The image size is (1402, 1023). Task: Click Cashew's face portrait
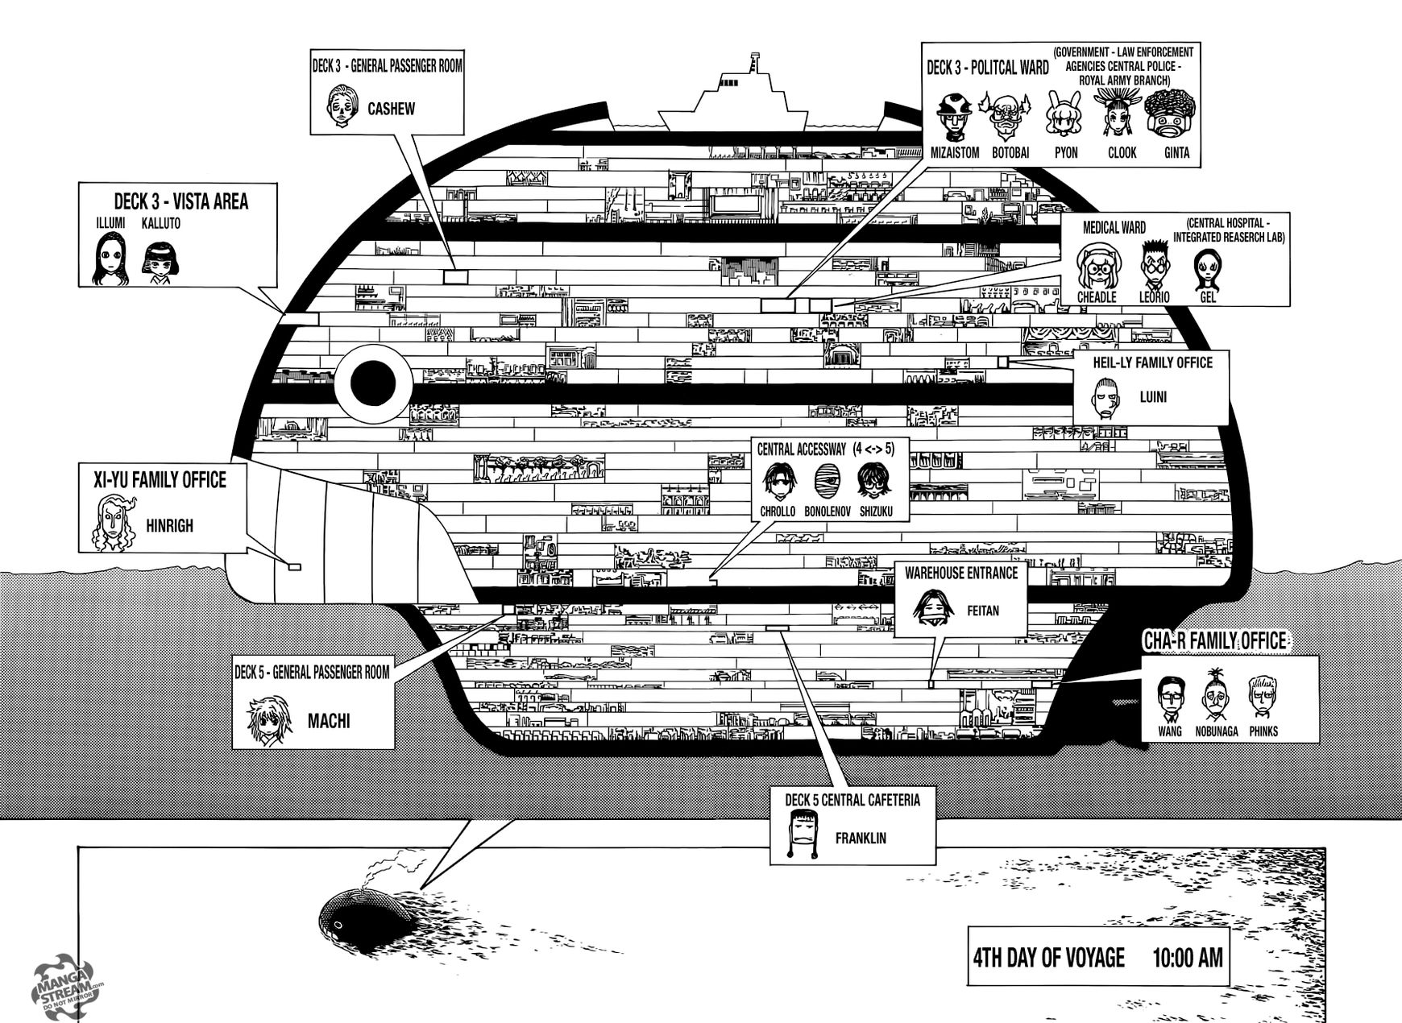[340, 106]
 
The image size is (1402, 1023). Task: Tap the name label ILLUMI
[111, 223]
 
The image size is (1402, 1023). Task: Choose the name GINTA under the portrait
[1176, 152]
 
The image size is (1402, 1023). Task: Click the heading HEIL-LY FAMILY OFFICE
[1152, 363]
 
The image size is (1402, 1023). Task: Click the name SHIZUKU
[875, 511]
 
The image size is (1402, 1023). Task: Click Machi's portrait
[267, 721]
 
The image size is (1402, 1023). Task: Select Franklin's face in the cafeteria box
[806, 835]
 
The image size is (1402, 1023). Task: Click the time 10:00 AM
[1187, 958]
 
